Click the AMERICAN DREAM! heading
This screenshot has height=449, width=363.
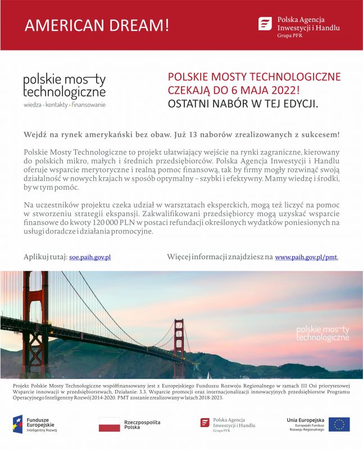point(97,25)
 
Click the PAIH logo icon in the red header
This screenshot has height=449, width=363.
point(265,24)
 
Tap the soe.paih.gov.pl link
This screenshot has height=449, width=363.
point(90,256)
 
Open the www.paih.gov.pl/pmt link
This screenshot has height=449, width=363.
point(306,256)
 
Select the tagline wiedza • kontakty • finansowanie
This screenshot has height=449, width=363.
point(64,105)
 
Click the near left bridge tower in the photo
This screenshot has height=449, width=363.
point(35,326)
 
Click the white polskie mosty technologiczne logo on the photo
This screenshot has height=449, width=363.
point(323,333)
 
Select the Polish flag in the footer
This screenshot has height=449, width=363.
point(109,424)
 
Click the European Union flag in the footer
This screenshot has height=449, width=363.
point(339,424)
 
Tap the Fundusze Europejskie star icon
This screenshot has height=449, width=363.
point(18,424)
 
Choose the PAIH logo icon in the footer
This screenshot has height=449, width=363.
point(205,423)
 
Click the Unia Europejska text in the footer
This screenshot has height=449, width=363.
point(306,420)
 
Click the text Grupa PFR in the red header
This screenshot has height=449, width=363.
point(289,35)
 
